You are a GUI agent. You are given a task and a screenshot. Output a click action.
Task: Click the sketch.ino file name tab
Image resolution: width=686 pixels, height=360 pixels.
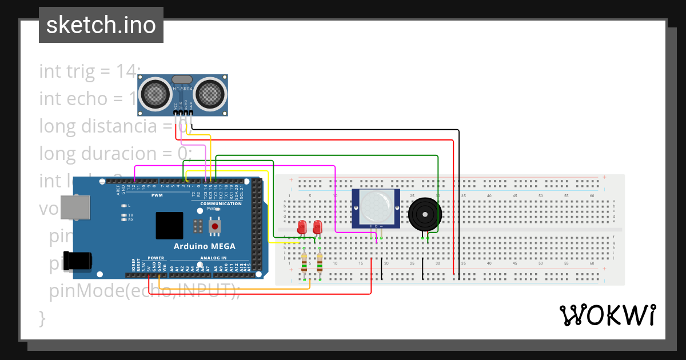[x=101, y=25]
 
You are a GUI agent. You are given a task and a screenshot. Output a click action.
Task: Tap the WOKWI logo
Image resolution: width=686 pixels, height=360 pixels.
[x=607, y=315]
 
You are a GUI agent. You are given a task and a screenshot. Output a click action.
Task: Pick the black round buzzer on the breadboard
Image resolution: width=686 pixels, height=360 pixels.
[x=424, y=213]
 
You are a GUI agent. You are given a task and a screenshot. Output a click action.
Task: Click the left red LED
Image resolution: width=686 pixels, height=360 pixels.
[x=302, y=227]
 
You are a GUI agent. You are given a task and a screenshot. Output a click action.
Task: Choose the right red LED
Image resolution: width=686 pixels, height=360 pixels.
[x=317, y=227]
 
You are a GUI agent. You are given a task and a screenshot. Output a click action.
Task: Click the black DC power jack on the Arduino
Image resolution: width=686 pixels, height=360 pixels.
[x=78, y=260]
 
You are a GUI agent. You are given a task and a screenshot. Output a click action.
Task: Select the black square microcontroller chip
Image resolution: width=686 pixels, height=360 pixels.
[x=169, y=226]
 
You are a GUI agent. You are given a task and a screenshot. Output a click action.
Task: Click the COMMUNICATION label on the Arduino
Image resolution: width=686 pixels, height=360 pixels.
[x=221, y=204]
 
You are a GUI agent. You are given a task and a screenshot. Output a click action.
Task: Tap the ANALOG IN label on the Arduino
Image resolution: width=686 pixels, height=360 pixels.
[x=213, y=258]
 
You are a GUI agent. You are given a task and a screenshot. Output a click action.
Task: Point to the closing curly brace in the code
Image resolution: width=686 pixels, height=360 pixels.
[x=42, y=317]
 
